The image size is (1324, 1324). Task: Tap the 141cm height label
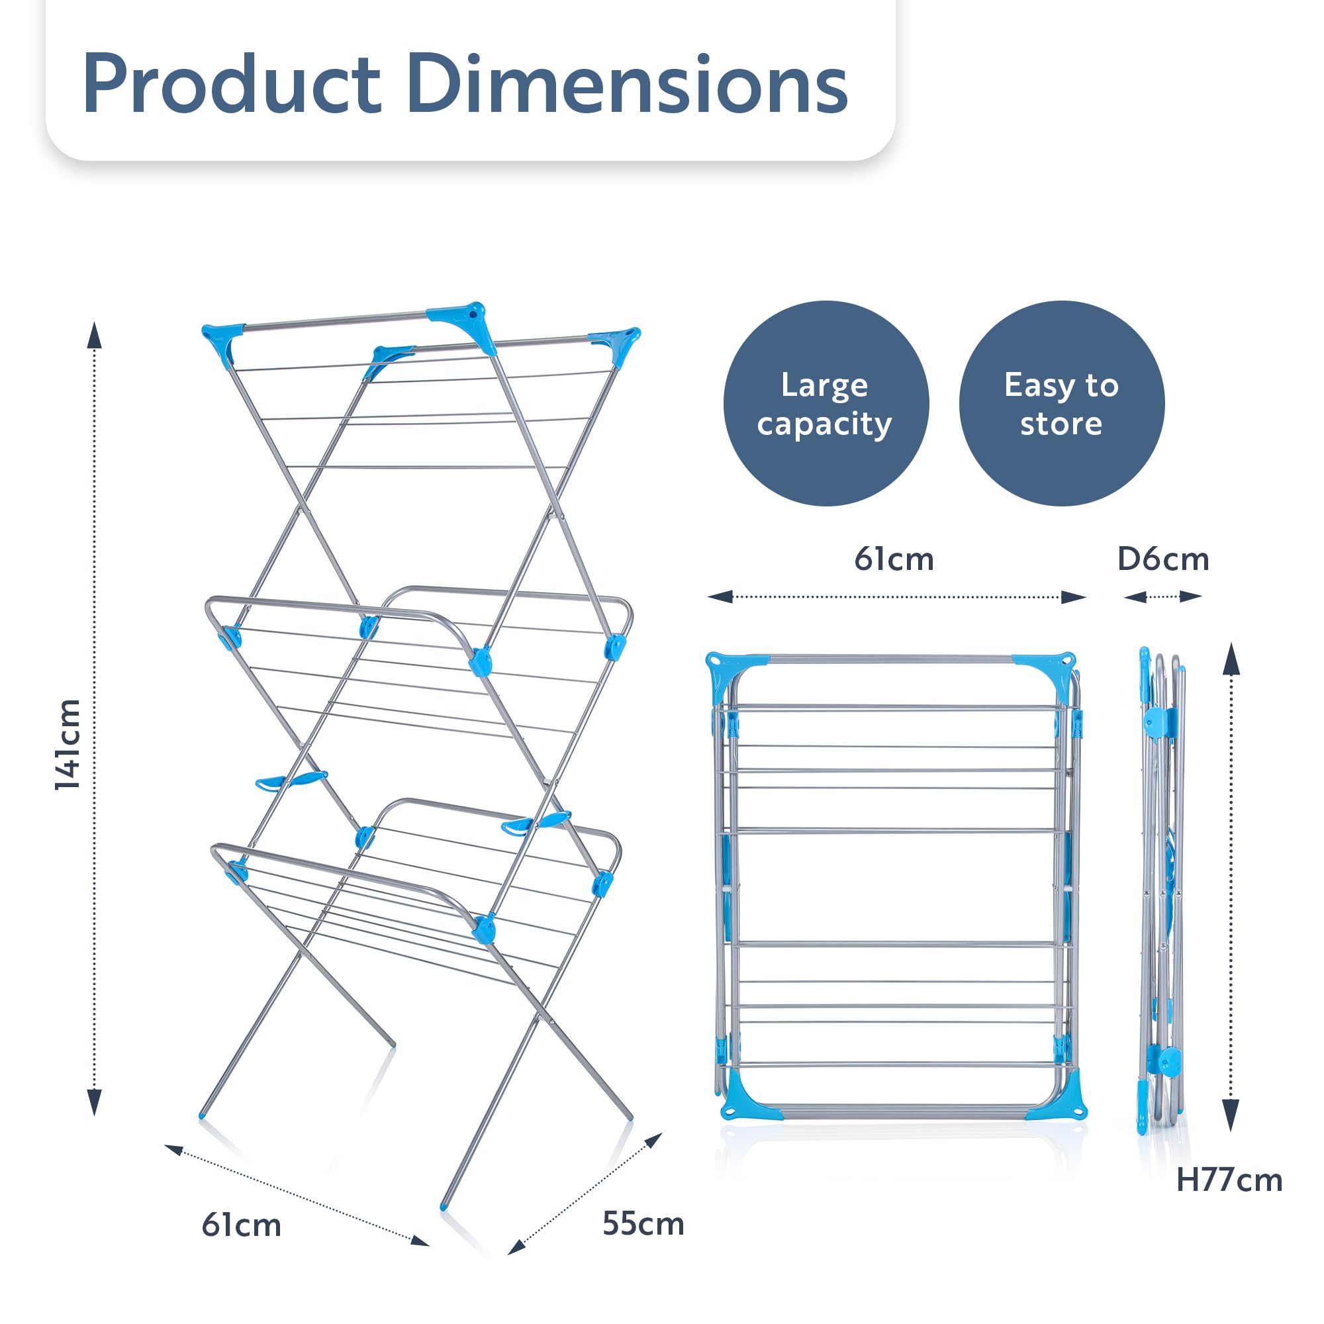point(69,744)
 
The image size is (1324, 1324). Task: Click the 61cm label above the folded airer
point(894,559)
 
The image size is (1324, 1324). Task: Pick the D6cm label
point(1163,559)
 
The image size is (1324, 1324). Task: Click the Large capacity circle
point(826,404)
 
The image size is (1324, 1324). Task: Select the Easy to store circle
point(1062,404)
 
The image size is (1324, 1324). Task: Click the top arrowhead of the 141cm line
point(95,335)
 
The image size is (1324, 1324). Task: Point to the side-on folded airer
point(1162,891)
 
